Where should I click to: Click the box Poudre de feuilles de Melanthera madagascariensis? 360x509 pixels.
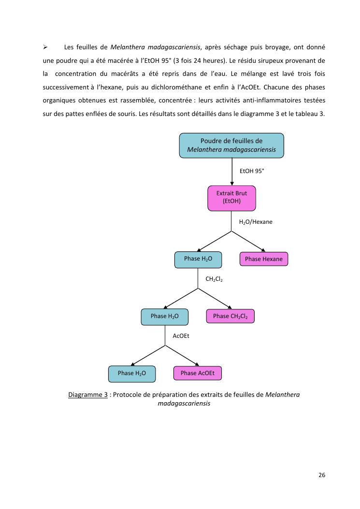point(231,145)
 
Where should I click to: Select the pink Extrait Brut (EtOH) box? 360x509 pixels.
point(231,198)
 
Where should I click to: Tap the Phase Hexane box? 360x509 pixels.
point(263,259)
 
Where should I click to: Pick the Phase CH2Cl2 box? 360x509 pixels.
point(230,316)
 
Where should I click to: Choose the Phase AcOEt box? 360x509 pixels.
point(197,373)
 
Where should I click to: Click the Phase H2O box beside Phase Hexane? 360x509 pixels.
point(198,259)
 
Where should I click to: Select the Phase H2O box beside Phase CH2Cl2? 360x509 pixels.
point(164,316)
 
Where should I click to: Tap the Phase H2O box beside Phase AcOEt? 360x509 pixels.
point(131,373)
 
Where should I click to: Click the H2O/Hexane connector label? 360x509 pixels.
point(256,222)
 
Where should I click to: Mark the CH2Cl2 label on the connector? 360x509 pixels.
point(214,279)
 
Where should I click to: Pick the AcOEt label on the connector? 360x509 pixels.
point(181,335)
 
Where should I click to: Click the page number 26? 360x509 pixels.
point(322,475)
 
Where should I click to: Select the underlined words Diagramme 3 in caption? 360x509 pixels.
point(88,394)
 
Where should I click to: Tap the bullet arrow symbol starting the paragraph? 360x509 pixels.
point(44,47)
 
